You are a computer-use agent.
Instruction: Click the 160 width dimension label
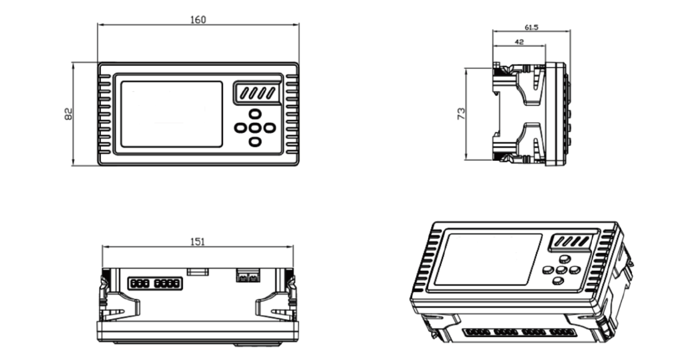coord(198,20)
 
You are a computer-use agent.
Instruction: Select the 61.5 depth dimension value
coord(531,28)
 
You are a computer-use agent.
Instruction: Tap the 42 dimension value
coord(519,42)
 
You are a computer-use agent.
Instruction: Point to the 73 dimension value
coord(460,114)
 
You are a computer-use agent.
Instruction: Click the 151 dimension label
coord(198,242)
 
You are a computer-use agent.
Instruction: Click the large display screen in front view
coord(171,114)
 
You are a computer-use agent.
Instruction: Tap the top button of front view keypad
coord(255,113)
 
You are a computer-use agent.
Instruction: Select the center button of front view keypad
coord(255,128)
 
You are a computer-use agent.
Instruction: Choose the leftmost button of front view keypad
coord(241,128)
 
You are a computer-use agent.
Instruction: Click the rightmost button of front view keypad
coord(269,128)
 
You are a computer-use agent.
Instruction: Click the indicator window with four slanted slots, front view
coord(257,93)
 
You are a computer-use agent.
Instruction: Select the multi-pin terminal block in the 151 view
coord(155,283)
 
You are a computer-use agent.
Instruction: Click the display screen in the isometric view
coord(488,259)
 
